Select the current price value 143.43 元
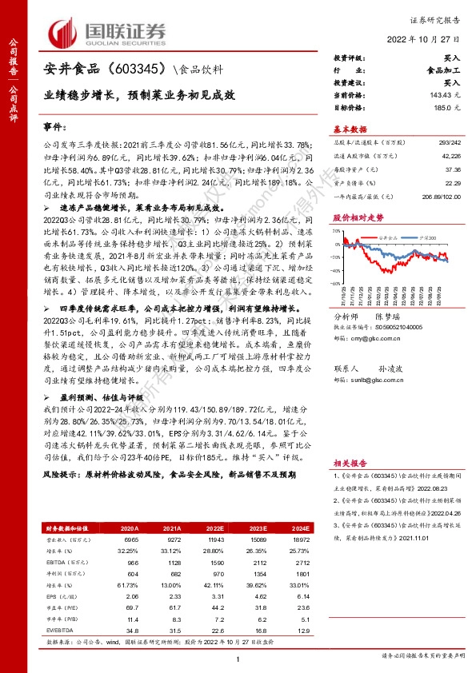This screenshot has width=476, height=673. click(445, 95)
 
